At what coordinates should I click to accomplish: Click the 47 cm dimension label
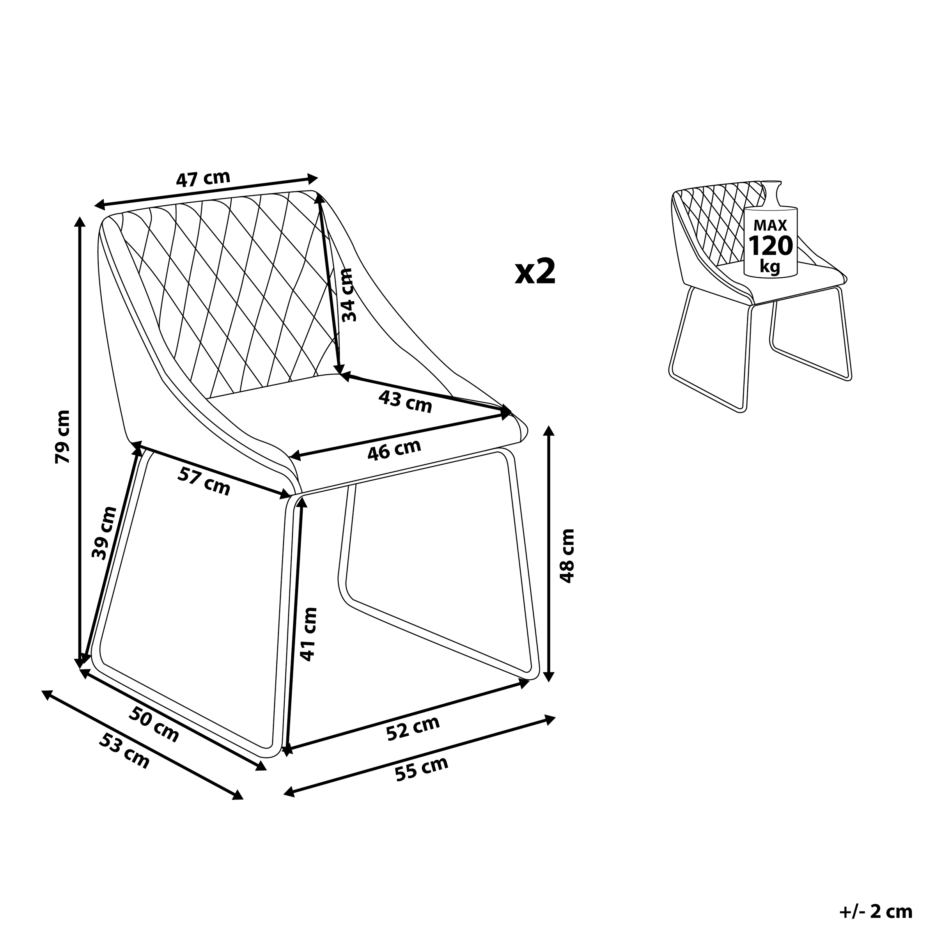[x=203, y=179]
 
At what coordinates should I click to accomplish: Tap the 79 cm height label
[x=63, y=436]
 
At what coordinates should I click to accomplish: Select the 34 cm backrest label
[x=348, y=295]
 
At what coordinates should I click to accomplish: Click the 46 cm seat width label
[x=394, y=450]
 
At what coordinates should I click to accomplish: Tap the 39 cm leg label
[x=105, y=533]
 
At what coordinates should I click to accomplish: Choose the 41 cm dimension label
[x=308, y=635]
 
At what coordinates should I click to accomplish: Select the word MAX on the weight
[x=770, y=225]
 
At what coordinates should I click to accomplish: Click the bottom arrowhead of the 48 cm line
[x=548, y=676]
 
